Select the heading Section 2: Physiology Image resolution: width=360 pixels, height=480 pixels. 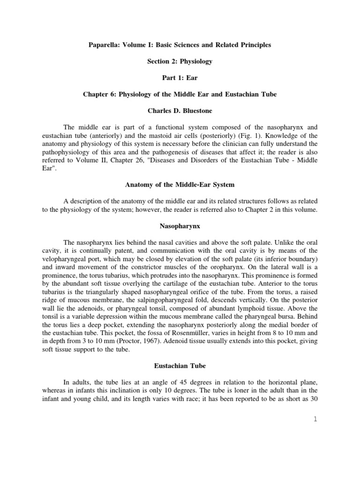180,61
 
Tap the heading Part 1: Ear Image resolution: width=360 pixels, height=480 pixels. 180,78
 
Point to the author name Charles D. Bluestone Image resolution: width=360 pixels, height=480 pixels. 180,111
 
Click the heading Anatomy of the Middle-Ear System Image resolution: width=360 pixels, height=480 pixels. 180,185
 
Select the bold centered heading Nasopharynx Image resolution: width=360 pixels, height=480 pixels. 180,226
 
